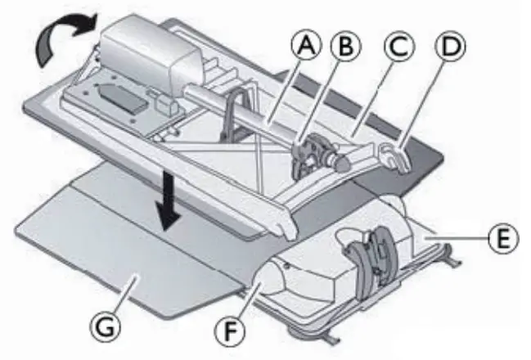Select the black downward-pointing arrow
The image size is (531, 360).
click(x=169, y=201)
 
